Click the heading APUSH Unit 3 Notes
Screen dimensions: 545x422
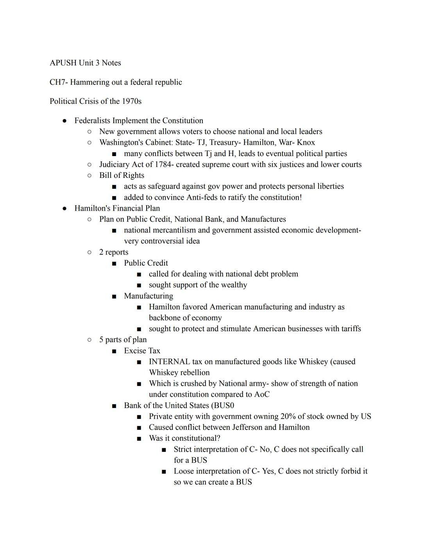(x=85, y=63)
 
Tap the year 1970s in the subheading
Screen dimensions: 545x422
(x=131, y=101)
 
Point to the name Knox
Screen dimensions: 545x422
(x=306, y=143)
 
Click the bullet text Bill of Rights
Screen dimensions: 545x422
(x=122, y=176)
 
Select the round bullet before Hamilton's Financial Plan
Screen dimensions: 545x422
(x=64, y=208)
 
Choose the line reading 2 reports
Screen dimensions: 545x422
(x=114, y=252)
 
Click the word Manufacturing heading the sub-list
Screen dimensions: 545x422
(x=148, y=296)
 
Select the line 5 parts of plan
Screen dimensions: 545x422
(x=123, y=340)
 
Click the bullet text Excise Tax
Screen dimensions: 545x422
(x=142, y=351)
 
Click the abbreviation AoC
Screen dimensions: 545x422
(x=261, y=394)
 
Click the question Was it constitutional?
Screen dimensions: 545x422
(x=184, y=438)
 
